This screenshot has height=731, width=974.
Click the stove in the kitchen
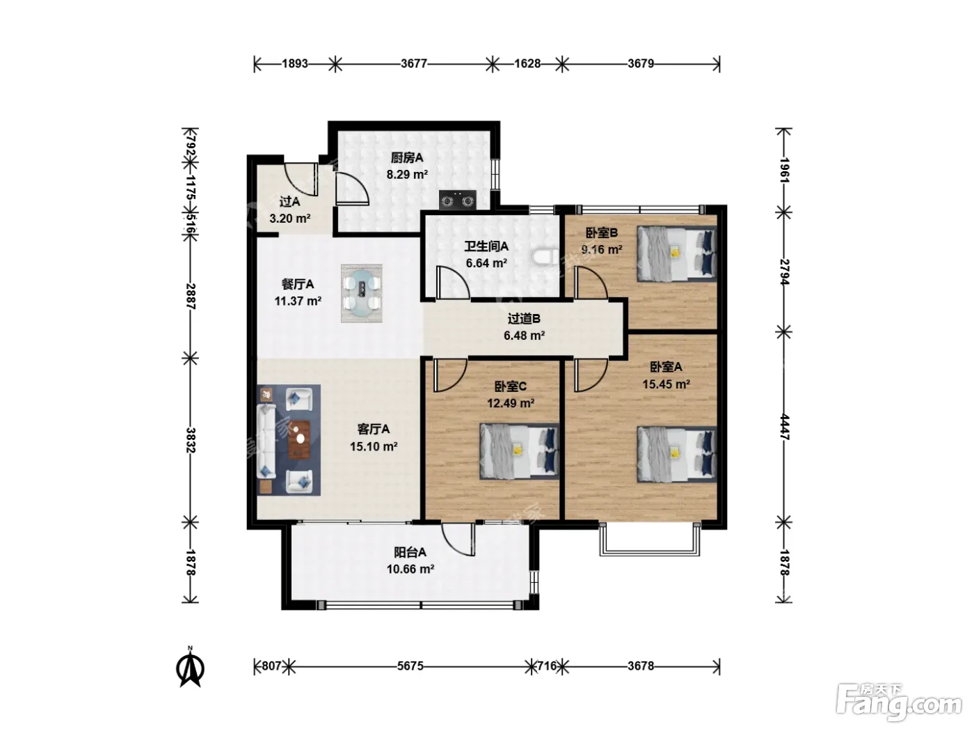(457, 200)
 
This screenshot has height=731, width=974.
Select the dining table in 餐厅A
(362, 293)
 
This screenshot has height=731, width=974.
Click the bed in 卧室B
(677, 254)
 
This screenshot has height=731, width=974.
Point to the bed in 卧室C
(519, 451)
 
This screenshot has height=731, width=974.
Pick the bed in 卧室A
(677, 454)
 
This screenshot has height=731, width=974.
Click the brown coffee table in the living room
(298, 439)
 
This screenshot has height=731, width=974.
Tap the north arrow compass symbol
(191, 667)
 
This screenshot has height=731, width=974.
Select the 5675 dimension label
(410, 666)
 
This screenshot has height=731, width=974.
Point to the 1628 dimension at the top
(527, 64)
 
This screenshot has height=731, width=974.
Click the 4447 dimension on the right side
(784, 427)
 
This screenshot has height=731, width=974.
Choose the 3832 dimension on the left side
(191, 440)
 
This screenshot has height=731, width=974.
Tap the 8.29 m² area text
(407, 175)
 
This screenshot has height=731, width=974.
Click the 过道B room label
(524, 319)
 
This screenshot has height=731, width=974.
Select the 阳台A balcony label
(410, 552)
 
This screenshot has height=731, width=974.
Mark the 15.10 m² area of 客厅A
(374, 446)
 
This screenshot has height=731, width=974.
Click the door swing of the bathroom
(453, 282)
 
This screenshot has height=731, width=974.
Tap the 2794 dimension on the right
(784, 272)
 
